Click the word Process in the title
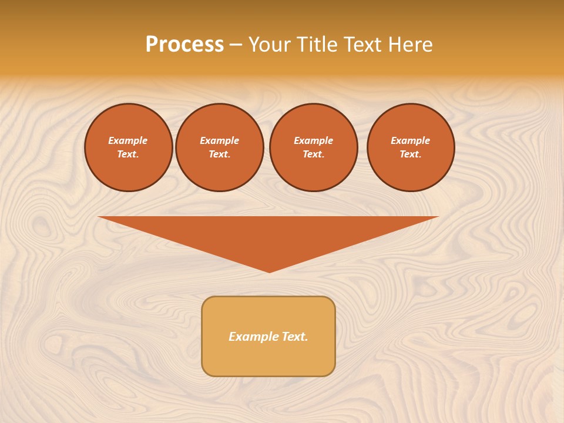coord(184,45)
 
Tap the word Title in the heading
coord(317,45)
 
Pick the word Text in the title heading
coord(364,45)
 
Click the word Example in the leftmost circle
coord(128,140)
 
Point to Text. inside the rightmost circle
coord(410,155)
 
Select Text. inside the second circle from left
coord(219,155)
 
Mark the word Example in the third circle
coord(313,140)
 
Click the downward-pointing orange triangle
coord(268,235)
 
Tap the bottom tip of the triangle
coord(269,271)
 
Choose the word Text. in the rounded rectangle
coord(294,337)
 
